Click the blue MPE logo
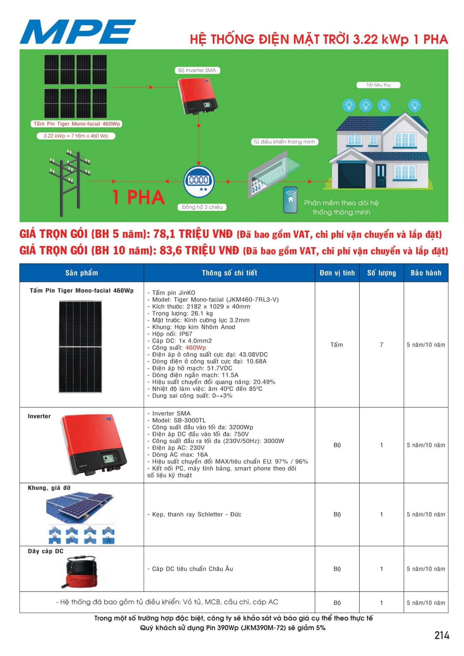tap(78, 31)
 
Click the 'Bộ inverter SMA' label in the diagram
tap(197, 70)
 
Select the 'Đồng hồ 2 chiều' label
tap(202, 207)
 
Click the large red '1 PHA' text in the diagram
tap(138, 197)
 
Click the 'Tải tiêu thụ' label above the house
tap(378, 85)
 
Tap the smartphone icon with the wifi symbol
tap(290, 200)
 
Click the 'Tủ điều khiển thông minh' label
tap(284, 142)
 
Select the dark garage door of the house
tap(351, 175)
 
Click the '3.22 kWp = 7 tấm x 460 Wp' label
tap(76, 136)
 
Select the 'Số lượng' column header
tap(381, 273)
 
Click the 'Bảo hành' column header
tap(426, 273)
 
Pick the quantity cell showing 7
tap(381, 345)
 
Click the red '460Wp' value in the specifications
tap(196, 348)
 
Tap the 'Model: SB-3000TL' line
tap(179, 420)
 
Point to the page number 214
tap(442, 635)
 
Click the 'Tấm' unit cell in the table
tap(337, 345)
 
